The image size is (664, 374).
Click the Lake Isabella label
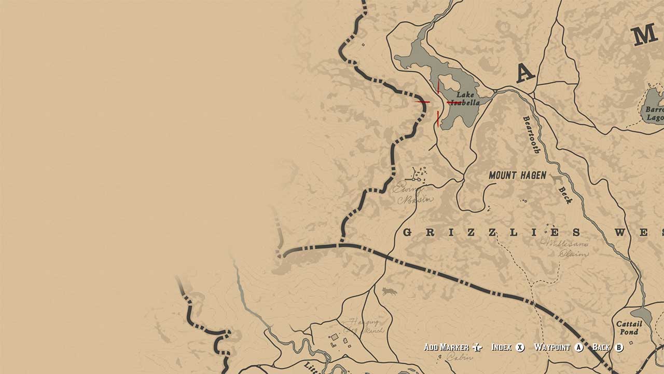click(465, 99)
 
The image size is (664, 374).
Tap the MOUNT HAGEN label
click(517, 176)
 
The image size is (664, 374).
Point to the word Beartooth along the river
click(532, 135)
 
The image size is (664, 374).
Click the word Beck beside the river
click(564, 195)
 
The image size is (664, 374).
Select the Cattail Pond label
click(629, 328)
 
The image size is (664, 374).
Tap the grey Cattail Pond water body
click(642, 314)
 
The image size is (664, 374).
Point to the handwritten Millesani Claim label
click(557, 248)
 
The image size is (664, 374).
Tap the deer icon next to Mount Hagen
click(557, 180)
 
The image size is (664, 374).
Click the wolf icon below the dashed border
click(389, 291)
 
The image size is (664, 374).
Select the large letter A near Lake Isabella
click(525, 74)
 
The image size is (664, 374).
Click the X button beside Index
click(520, 348)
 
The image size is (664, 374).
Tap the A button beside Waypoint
click(579, 348)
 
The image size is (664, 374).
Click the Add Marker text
click(446, 348)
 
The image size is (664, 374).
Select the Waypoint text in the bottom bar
click(552, 348)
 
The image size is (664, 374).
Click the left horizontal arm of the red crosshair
click(422, 102)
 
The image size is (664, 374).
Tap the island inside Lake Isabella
click(450, 86)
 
